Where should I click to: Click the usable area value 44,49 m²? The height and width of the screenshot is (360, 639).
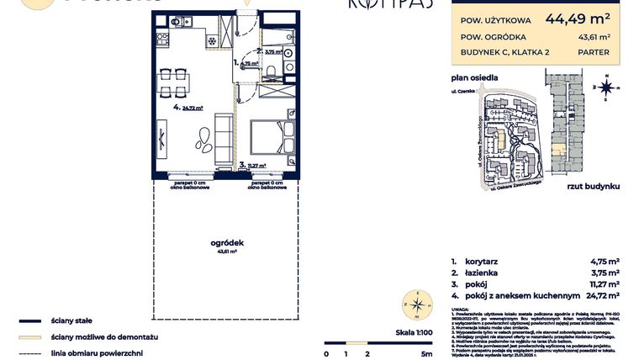coord(578,16)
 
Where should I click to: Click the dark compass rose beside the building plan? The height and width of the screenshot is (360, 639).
coord(605,85)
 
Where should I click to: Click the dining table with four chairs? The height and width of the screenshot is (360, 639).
coord(172,83)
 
